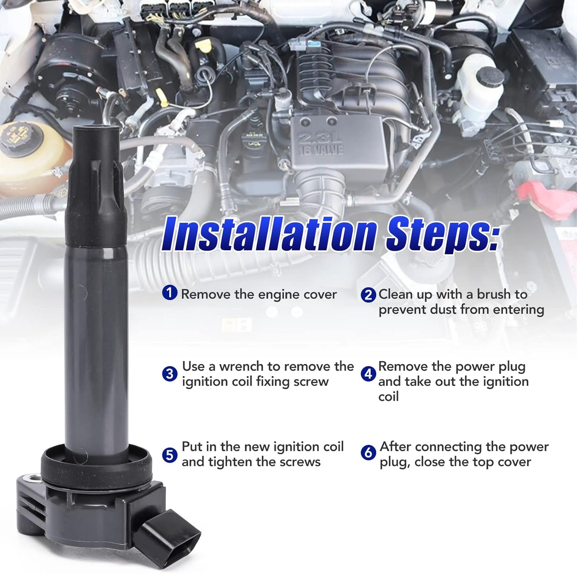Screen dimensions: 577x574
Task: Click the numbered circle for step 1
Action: tap(170, 293)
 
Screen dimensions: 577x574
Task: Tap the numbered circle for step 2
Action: tap(368, 295)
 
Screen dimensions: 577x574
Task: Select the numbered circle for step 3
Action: tap(170, 374)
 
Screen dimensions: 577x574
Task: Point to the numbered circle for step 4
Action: tap(368, 374)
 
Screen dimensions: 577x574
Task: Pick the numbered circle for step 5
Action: tap(170, 455)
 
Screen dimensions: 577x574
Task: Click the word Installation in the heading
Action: tap(268, 233)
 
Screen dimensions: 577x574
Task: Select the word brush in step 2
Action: tap(494, 294)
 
